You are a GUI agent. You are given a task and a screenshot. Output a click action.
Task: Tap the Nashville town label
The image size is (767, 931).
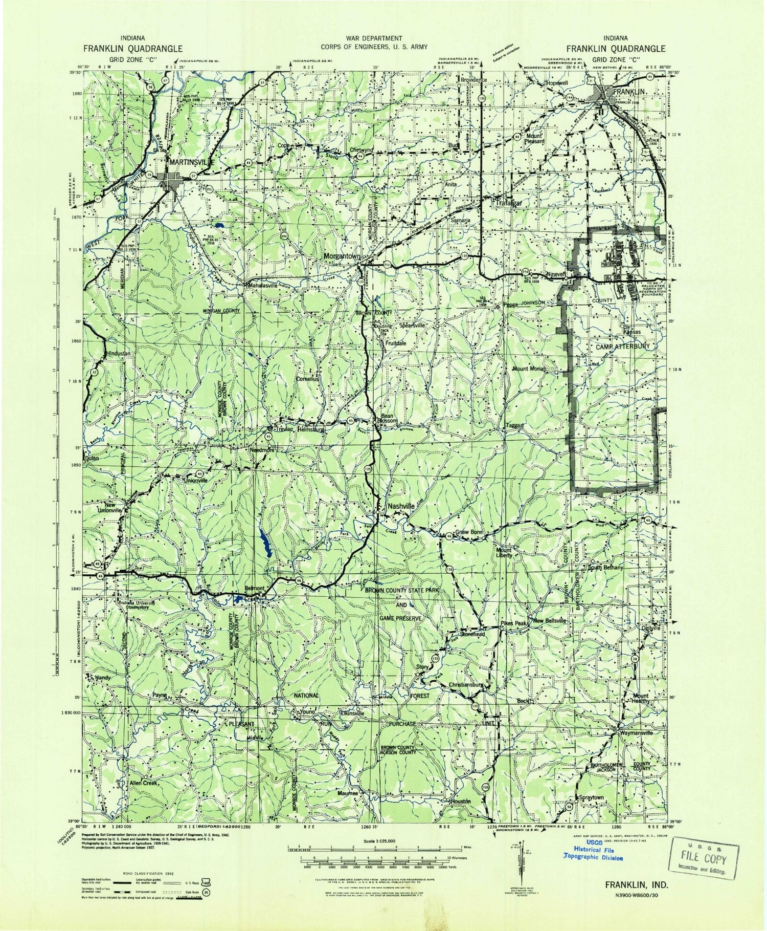tap(401, 506)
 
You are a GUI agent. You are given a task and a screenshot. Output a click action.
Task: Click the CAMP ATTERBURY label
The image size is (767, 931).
tap(623, 346)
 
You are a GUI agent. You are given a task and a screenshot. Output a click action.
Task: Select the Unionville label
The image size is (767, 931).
tap(196, 481)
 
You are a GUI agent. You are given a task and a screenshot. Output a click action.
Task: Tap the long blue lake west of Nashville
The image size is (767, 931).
tap(264, 542)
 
